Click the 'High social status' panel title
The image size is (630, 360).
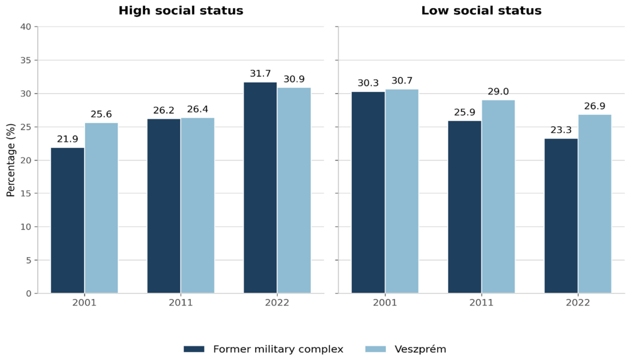point(181,11)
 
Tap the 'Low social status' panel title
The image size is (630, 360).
point(481,11)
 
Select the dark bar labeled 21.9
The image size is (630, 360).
point(68,221)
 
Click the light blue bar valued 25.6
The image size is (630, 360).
point(101,208)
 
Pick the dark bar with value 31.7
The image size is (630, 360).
point(260,188)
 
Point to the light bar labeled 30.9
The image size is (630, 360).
point(294,190)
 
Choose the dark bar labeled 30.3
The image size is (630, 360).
point(368,193)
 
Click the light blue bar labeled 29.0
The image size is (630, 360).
point(498,197)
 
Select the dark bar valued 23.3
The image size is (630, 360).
point(561,216)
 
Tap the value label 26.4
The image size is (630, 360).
point(197,109)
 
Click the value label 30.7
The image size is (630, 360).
point(402,81)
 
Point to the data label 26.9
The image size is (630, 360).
point(595,106)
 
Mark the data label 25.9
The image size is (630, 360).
point(465,112)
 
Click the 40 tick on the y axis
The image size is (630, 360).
point(25,27)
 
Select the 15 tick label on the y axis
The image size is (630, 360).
point(25,194)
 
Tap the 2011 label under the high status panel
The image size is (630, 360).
point(181,303)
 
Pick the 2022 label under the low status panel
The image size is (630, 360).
point(578,303)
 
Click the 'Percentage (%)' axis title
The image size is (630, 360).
point(10,160)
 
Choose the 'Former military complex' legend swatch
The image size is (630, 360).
point(194,349)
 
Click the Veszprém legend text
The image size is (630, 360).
point(420,349)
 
